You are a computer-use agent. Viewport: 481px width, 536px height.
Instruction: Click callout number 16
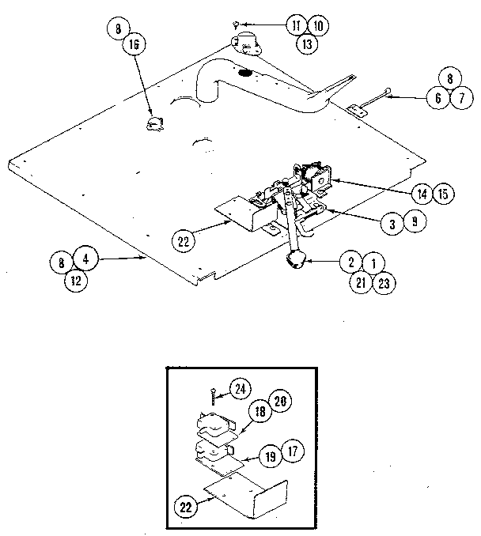(131, 47)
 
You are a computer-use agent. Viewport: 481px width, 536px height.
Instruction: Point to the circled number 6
(436, 97)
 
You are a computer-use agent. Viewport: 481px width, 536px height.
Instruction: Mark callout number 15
(443, 193)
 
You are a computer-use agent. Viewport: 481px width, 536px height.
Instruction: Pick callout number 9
(411, 222)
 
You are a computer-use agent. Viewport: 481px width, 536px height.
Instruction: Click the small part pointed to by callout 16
(153, 122)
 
